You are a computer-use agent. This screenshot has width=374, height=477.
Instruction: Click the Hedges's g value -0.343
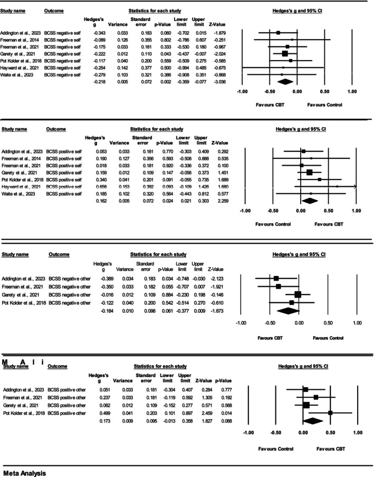[x=99, y=32]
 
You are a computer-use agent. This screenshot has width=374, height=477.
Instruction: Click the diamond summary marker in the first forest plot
[x=285, y=82]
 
